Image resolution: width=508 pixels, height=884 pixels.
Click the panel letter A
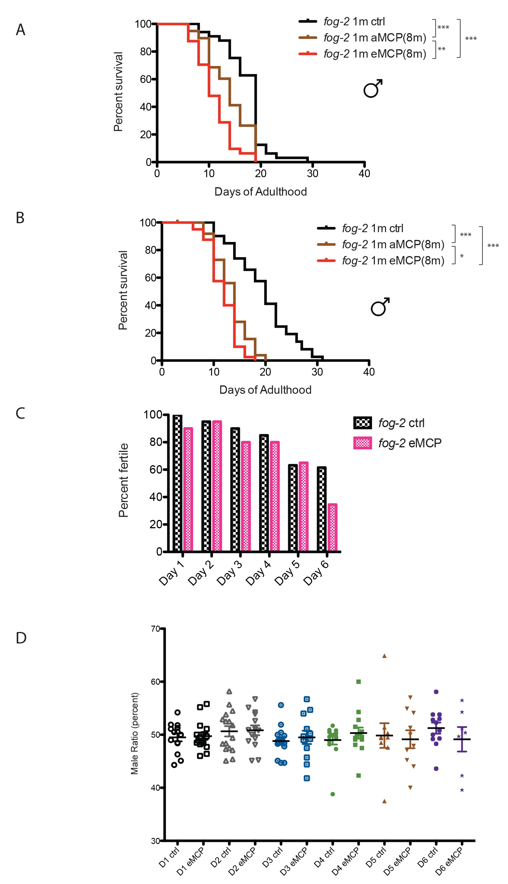coord(20,30)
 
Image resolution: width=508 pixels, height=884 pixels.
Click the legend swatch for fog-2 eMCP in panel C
coord(362,443)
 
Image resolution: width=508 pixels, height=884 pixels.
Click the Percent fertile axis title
coord(124,480)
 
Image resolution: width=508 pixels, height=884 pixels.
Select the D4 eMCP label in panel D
coord(345,861)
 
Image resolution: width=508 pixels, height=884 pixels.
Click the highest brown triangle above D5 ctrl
coord(384,656)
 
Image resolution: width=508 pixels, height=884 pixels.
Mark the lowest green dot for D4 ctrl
coord(333,794)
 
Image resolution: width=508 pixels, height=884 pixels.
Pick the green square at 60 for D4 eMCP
coord(358,682)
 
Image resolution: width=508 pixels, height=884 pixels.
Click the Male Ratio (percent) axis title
coord(134,733)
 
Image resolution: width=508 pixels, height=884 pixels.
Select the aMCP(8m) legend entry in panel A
coord(374,38)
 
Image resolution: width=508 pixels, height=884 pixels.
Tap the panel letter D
coord(21,638)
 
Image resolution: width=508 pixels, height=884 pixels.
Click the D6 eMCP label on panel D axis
coord(449,861)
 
